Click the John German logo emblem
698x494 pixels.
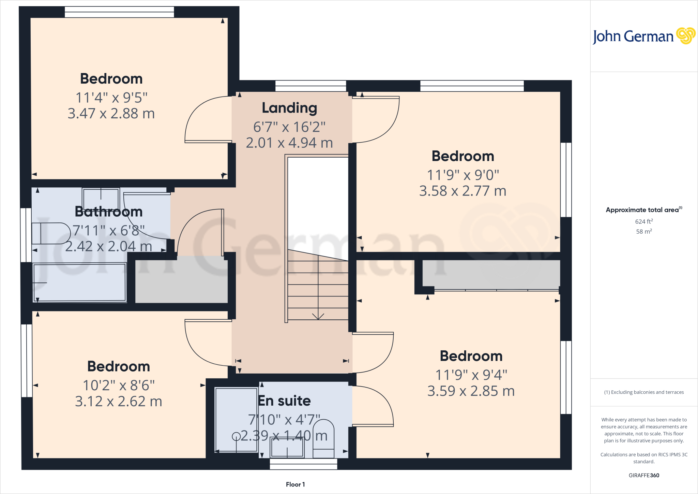(685, 36)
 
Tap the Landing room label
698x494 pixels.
(289, 108)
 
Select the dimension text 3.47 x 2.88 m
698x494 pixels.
(111, 114)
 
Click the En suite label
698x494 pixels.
(284, 401)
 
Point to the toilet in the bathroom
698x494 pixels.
(51, 233)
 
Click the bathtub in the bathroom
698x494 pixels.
(79, 282)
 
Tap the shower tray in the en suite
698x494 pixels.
(236, 420)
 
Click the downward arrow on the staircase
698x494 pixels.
(318, 316)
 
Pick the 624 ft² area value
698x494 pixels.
(644, 221)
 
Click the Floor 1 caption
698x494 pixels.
(295, 484)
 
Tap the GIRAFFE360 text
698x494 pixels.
(644, 475)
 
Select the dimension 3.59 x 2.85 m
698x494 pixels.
(471, 391)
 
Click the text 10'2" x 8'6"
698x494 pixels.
(119, 386)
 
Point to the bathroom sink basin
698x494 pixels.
(101, 199)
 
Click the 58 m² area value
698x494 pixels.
(644, 231)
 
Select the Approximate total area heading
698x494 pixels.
(643, 210)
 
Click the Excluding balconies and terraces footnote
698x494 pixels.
(644, 392)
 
